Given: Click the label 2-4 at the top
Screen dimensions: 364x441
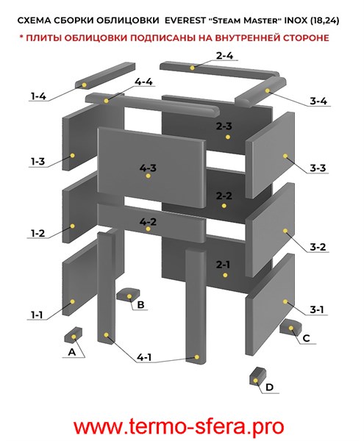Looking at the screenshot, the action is (224, 56).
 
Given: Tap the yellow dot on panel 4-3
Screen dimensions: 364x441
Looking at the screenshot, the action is (149, 176).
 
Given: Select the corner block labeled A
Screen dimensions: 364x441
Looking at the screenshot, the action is (73, 335).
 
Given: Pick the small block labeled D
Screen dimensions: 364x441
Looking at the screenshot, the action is (257, 376).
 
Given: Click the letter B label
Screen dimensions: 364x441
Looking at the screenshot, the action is (140, 304).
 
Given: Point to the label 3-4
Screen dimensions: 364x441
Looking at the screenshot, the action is (318, 101).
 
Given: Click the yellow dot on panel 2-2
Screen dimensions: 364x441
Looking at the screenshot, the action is (224, 206).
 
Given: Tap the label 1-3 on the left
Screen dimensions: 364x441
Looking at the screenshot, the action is (38, 162).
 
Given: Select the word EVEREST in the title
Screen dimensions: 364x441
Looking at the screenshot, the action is (185, 21).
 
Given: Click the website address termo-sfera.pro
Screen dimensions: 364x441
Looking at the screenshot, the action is (179, 427).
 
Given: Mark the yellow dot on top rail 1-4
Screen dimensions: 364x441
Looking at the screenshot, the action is (84, 85).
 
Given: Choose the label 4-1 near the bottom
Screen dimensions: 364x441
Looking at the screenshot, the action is (144, 357).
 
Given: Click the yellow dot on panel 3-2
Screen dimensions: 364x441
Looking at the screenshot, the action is (285, 231).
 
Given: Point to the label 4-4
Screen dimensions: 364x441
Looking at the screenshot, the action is (143, 82).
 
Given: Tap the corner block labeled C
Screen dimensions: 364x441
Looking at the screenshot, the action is (290, 327).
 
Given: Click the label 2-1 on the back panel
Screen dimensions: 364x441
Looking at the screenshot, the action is (223, 265).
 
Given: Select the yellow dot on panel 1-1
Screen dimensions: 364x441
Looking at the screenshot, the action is (72, 301).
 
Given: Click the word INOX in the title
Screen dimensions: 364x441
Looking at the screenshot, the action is (296, 21).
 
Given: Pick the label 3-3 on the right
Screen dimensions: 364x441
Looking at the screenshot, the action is (318, 168).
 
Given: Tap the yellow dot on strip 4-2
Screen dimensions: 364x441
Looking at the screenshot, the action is (149, 229).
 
